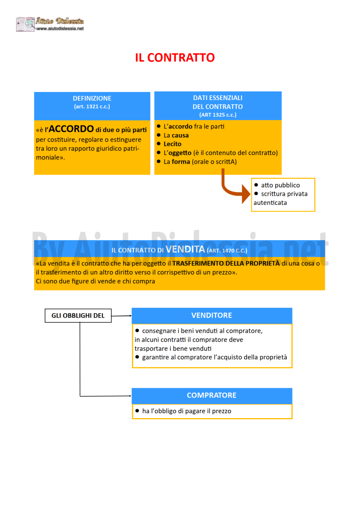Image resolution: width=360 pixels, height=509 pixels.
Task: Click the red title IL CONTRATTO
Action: point(175,58)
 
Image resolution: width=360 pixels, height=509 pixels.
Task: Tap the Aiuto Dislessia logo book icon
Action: point(25,24)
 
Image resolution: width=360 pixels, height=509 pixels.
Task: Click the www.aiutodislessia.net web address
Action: point(60,29)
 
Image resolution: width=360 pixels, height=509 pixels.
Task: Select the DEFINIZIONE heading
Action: point(92,98)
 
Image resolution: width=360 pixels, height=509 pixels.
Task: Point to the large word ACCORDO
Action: point(71,129)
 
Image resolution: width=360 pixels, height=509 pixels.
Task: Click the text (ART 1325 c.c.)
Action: point(218,115)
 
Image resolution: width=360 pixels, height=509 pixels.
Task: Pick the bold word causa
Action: point(180,136)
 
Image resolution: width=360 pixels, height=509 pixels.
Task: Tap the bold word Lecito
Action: point(172,144)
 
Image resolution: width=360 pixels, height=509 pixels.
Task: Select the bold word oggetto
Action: point(180,153)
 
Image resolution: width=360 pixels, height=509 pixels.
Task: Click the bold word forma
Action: point(181,162)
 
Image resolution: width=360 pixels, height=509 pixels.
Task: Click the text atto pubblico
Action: point(280,185)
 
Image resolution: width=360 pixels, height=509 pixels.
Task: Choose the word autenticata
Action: point(270,203)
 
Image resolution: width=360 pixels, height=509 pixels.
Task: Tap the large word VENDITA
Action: point(185,249)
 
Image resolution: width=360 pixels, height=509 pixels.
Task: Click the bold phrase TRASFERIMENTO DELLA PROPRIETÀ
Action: point(226,263)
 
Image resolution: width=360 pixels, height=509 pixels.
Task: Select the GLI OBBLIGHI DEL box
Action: point(78,315)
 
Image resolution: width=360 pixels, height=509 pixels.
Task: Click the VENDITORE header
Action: point(212,315)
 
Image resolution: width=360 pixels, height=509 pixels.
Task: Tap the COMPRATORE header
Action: point(212,395)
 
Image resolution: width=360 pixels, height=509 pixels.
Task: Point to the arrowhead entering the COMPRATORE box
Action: point(130,396)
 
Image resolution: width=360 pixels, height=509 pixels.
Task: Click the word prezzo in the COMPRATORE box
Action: point(222,411)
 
